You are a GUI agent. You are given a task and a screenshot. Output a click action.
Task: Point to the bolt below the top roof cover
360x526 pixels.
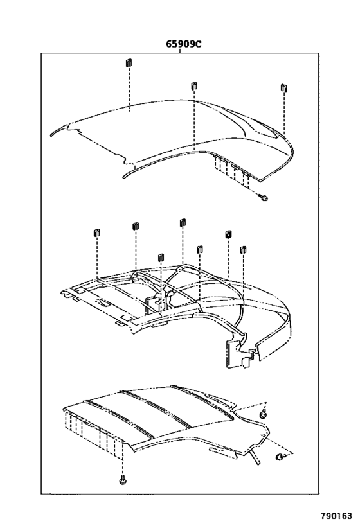(264, 198)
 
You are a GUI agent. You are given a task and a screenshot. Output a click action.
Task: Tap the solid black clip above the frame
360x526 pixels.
(228, 235)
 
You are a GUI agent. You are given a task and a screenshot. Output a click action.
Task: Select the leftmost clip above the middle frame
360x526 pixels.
(96, 232)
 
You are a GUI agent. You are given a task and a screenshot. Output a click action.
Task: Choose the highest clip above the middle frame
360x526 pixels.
(183, 223)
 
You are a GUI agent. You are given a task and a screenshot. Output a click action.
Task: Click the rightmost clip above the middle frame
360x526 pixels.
(243, 249)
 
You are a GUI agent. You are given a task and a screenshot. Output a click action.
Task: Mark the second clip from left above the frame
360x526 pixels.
(136, 226)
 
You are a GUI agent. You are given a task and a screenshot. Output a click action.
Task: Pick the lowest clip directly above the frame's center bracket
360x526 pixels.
(160, 257)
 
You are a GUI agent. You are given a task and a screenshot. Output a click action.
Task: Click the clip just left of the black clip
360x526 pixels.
(199, 249)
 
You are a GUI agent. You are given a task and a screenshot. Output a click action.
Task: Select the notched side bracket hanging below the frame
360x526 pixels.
(239, 354)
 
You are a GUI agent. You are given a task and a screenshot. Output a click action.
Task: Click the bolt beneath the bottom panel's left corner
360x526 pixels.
(122, 480)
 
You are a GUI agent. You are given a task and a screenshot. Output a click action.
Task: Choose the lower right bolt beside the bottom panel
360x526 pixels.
(280, 457)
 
